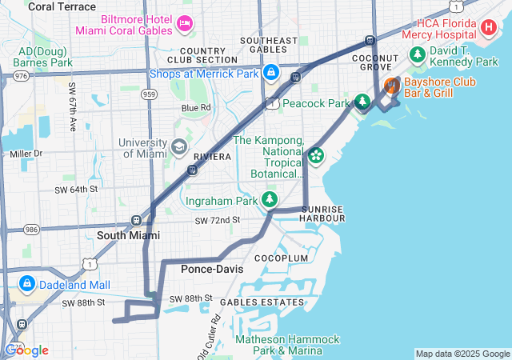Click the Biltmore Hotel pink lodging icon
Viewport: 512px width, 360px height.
pos(186,22)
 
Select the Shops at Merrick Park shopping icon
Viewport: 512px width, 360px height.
pos(271,73)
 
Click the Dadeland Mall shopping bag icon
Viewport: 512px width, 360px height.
pos(26,284)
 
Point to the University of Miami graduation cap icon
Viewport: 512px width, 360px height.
pos(178,147)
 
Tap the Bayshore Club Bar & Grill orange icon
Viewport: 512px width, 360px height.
pos(391,86)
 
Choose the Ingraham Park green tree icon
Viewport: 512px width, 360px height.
pos(271,199)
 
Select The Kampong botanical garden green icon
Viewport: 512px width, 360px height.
pos(317,155)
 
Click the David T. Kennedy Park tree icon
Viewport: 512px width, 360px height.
pos(417,54)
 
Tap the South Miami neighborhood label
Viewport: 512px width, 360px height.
pos(128,235)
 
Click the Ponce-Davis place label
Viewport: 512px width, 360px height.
pos(212,269)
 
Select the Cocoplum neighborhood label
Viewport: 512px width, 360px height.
pos(281,258)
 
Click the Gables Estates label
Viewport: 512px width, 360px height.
pos(262,302)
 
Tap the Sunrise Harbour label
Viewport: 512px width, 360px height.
pos(322,214)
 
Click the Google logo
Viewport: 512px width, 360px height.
pos(26,350)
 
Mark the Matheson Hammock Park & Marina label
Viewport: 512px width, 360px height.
pos(276,344)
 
